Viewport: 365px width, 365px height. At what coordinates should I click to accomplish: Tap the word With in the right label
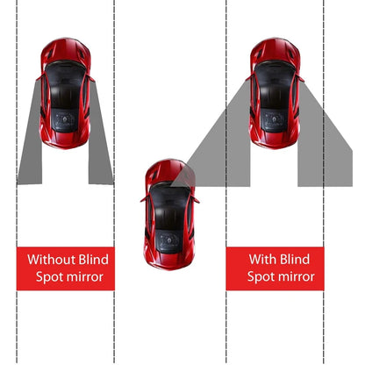tap(260, 260)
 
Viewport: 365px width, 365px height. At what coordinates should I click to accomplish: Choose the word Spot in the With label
tap(249, 277)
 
